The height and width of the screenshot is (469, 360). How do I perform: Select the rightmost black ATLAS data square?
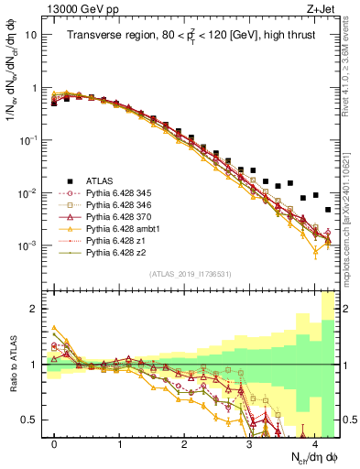coord(328,210)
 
